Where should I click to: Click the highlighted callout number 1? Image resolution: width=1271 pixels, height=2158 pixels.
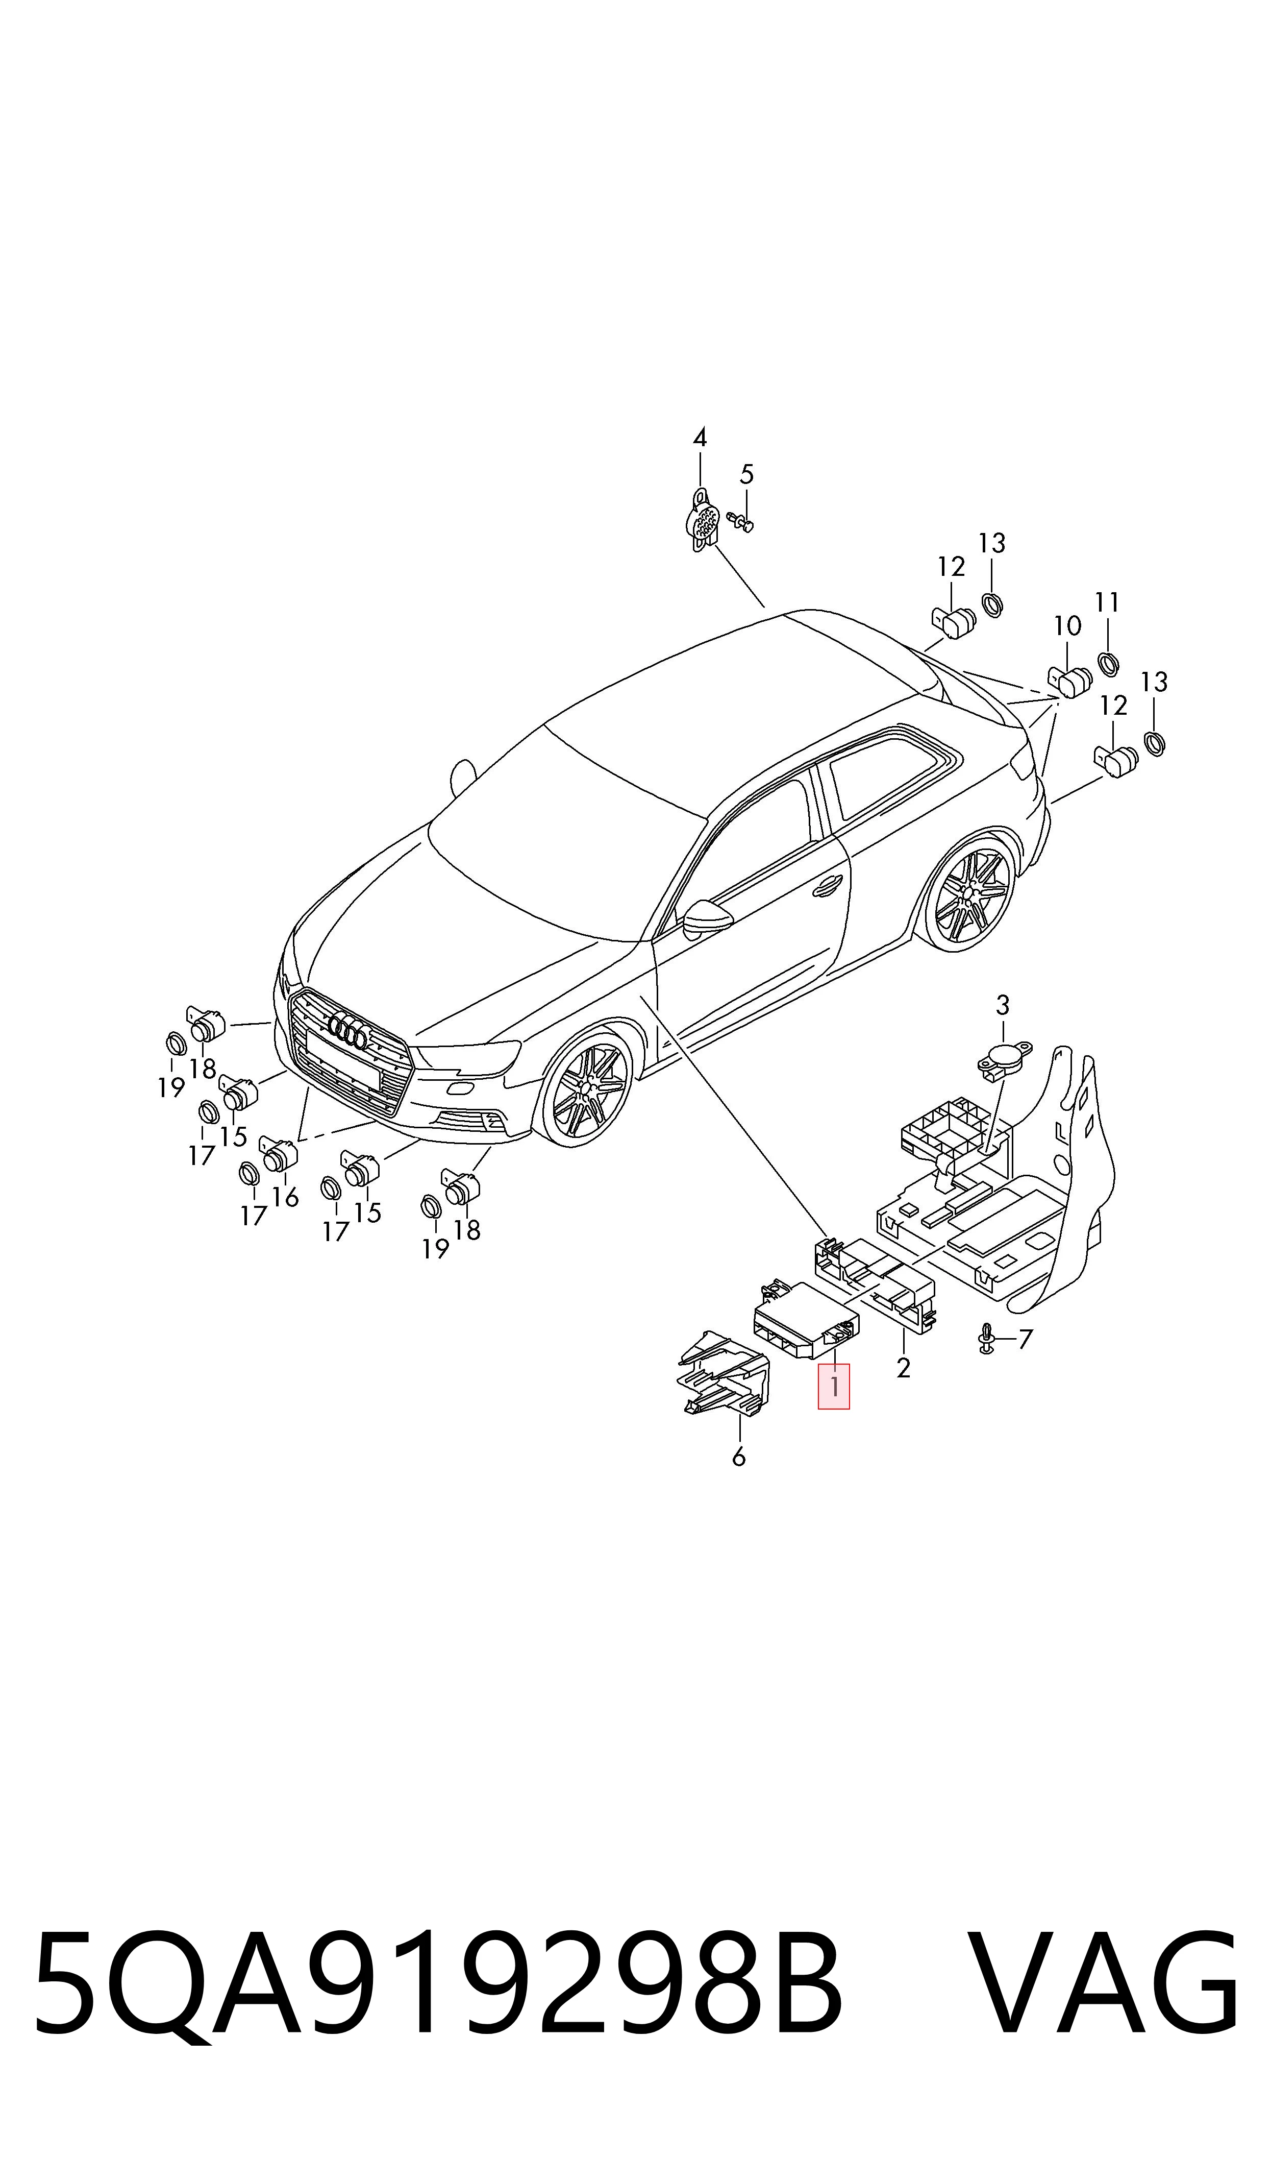point(833,1385)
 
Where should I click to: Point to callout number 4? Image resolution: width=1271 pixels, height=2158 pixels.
point(700,438)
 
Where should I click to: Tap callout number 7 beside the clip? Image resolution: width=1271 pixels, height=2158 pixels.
point(1025,1338)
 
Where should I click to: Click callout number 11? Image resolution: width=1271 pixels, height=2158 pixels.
point(1107,602)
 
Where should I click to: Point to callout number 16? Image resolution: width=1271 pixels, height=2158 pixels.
point(285,1197)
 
